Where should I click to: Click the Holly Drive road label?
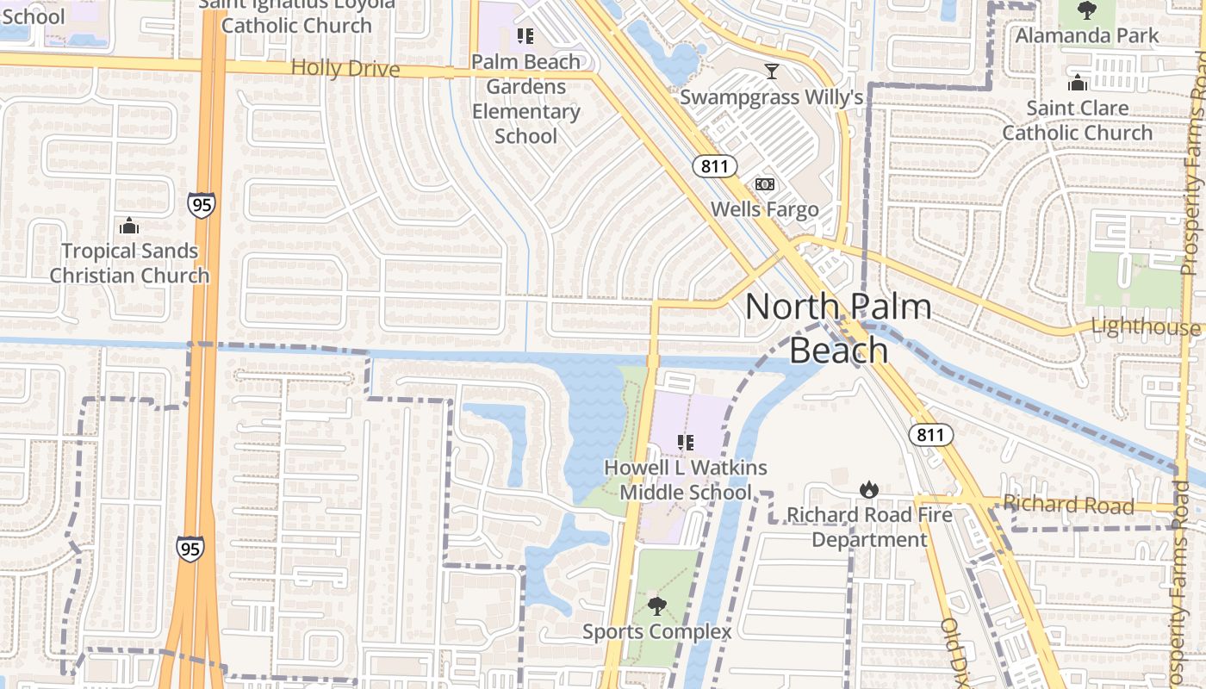[345, 68]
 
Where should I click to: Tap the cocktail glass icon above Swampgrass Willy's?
[771, 71]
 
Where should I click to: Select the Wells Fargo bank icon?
[765, 184]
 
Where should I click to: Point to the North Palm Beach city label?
[838, 328]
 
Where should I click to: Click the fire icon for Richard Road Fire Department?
[869, 489]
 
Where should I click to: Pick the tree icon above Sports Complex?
[657, 606]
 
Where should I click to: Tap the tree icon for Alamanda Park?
[1087, 11]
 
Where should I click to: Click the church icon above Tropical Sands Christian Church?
[129, 227]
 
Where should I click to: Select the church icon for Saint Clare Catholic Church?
[1077, 84]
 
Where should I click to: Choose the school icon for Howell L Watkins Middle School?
[686, 443]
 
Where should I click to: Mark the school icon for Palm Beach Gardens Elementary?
[525, 36]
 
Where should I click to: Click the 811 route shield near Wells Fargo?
[714, 166]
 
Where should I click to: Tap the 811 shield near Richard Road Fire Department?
[930, 435]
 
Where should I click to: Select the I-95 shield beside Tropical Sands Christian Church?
[201, 204]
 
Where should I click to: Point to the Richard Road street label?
[1068, 505]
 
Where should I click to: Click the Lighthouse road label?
[1145, 327]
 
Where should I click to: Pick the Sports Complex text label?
[657, 632]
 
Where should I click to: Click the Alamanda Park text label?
[1087, 35]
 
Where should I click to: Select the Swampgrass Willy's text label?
[771, 96]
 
